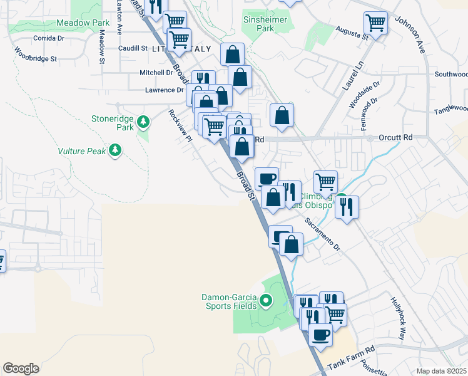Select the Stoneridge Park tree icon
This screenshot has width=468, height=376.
tap(143, 121)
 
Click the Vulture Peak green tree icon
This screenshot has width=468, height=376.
tap(114, 150)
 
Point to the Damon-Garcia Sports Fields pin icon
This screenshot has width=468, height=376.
tap(265, 301)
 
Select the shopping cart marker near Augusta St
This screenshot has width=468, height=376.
tap(375, 23)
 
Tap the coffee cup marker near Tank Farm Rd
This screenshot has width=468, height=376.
tap(322, 335)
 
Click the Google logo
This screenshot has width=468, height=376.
tap(21, 368)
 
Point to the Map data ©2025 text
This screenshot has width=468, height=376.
tap(441, 371)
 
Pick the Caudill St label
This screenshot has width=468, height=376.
tap(132, 48)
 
